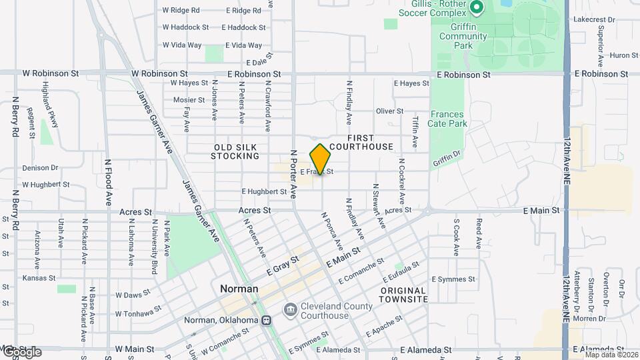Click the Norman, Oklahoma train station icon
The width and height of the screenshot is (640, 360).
tap(267, 321)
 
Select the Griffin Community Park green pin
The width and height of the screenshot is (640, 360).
tap(476, 8)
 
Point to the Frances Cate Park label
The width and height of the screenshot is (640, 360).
tap(448, 119)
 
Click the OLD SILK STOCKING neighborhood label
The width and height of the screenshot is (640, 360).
tap(235, 151)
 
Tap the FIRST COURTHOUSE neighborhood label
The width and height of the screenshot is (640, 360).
tap(361, 141)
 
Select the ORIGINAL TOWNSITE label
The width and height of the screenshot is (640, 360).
tap(403, 295)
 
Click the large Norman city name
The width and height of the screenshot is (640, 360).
tap(239, 289)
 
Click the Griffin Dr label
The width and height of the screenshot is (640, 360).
tap(447, 158)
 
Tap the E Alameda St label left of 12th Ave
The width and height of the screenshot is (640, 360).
tap(431, 349)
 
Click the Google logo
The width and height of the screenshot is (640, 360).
tap(21, 351)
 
